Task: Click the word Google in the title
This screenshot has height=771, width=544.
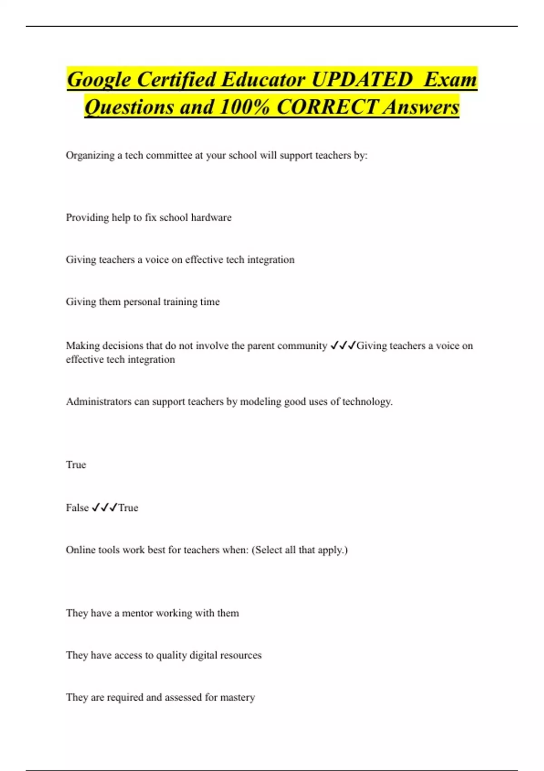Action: pyautogui.click(x=98, y=80)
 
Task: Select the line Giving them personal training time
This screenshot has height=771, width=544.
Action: pyautogui.click(x=142, y=302)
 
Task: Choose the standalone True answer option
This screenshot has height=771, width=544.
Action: pyautogui.click(x=76, y=465)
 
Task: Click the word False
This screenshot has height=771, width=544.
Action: pyautogui.click(x=77, y=508)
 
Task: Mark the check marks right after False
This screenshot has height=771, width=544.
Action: pyautogui.click(x=104, y=508)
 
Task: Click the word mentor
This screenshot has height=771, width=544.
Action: pyautogui.click(x=137, y=613)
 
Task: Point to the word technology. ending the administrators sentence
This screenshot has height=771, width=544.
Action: pyautogui.click(x=367, y=402)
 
